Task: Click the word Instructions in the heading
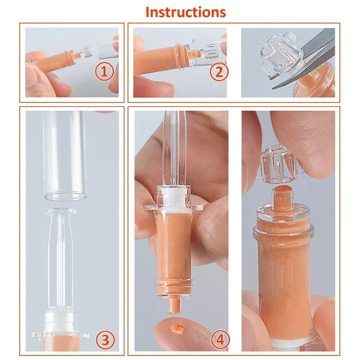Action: (185, 12)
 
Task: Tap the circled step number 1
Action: (104, 72)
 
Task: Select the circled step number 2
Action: (219, 72)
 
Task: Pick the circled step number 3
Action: (104, 340)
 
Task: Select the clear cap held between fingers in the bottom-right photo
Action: (282, 163)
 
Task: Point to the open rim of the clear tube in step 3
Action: (65, 195)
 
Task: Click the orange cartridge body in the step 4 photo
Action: (176, 247)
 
